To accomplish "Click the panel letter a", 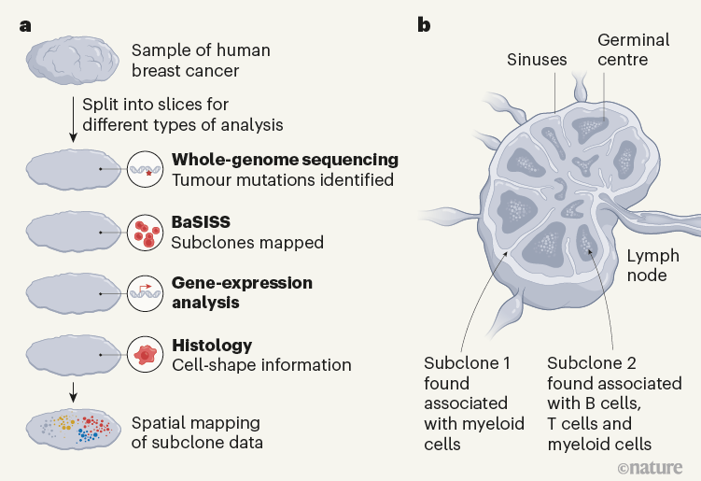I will pos(26,25).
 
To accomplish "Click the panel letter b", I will pos(424,25).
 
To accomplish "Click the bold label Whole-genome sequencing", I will pos(285,159).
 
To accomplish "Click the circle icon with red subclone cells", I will pos(145,233).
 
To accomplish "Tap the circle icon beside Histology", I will pos(145,355).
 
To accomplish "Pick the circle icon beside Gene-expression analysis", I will pos(145,292).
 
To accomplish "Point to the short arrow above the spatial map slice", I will pos(71,390).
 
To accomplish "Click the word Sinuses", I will pos(537,59).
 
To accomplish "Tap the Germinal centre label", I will pos(634,50).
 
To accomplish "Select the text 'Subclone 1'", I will pos(467,363).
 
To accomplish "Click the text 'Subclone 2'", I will pos(591,363).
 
